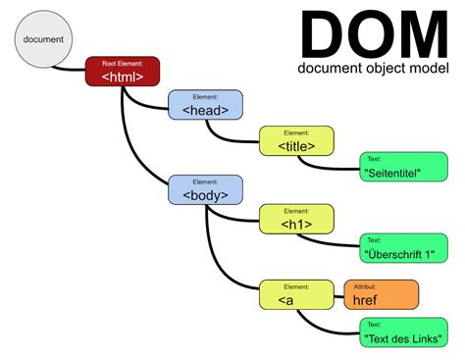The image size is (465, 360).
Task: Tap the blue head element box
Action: click(205, 106)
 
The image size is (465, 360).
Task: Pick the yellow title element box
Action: click(295, 140)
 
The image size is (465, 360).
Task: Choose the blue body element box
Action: click(205, 190)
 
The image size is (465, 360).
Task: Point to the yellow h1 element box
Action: click(295, 219)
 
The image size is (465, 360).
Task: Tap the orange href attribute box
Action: click(381, 294)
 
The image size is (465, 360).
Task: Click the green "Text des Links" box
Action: click(398, 333)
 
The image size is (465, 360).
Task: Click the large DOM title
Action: click(373, 34)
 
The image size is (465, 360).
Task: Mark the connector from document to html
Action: click(69, 70)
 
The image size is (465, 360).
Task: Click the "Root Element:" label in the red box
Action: click(122, 63)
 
